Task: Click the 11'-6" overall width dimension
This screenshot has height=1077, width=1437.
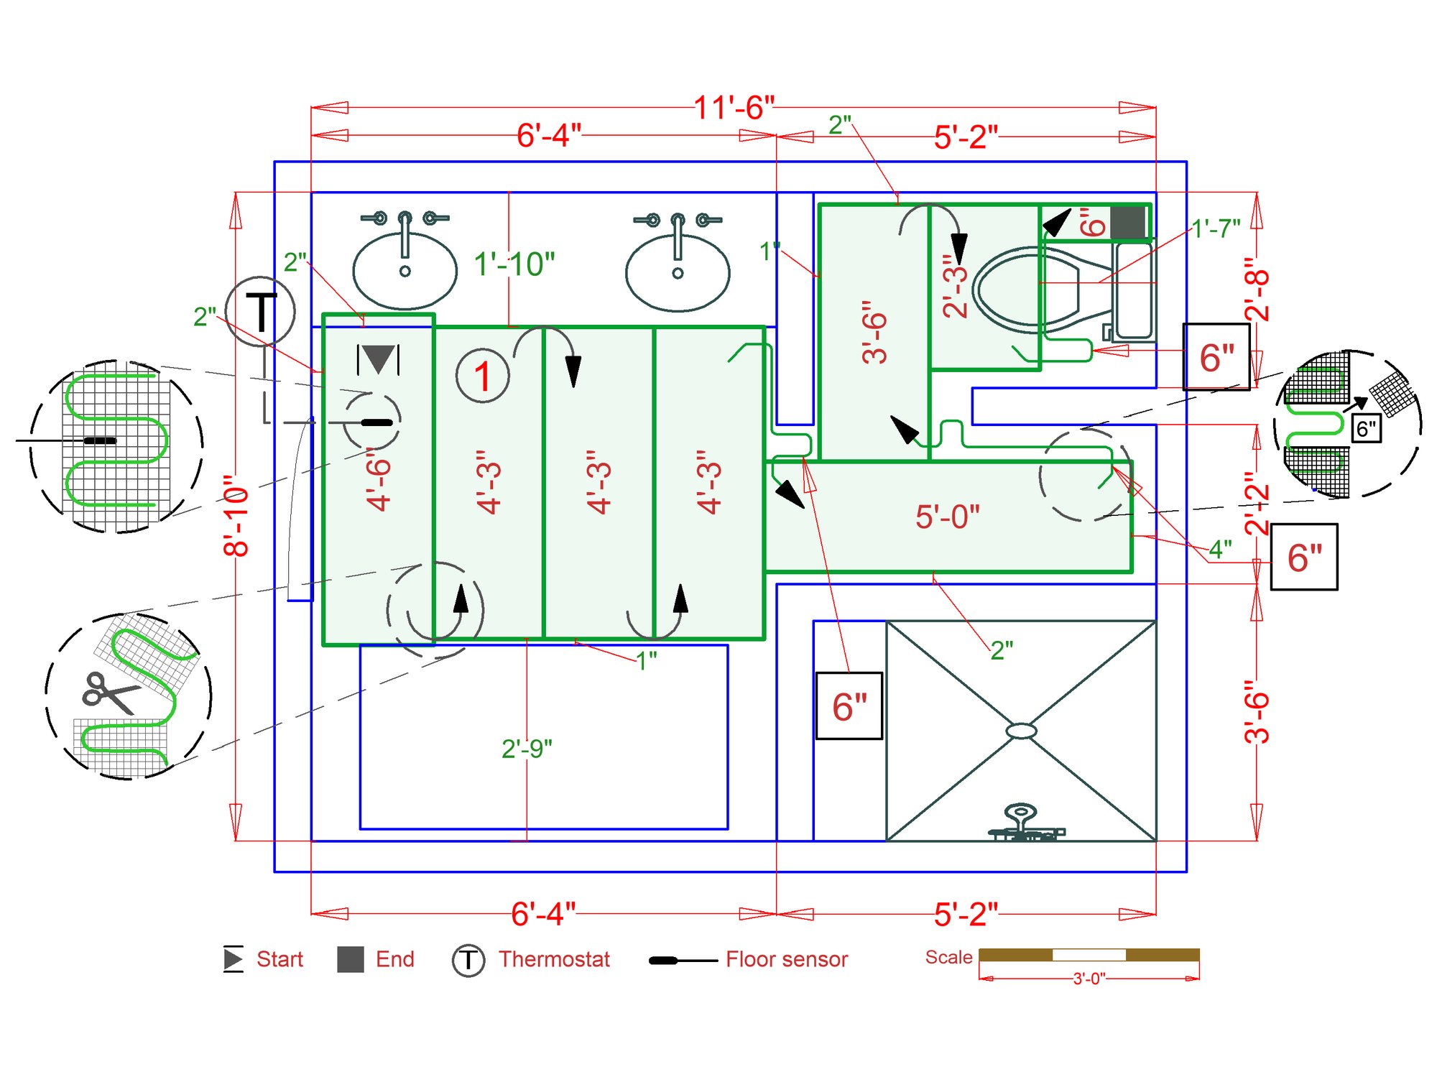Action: (x=734, y=108)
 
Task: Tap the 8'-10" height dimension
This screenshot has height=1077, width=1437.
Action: (x=236, y=515)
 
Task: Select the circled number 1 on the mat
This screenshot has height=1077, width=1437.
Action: (x=482, y=376)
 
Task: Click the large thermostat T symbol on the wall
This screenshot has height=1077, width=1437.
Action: (x=260, y=312)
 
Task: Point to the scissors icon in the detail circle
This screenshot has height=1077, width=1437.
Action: (x=109, y=693)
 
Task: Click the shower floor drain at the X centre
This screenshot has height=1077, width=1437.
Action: (x=1021, y=731)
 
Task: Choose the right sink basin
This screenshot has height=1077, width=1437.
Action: (x=678, y=273)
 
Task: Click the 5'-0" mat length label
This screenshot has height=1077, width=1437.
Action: (x=947, y=517)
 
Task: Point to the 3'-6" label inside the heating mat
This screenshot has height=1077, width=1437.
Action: (x=874, y=332)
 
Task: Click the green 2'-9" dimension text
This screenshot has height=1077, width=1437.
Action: (x=527, y=749)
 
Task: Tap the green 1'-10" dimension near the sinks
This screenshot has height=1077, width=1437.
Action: (x=514, y=264)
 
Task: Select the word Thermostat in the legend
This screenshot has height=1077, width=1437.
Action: (x=554, y=959)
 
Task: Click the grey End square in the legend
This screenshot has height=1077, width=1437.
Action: (x=351, y=959)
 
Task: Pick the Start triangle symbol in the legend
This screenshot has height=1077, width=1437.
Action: (x=233, y=959)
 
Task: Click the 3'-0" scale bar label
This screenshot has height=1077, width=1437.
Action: (x=1089, y=979)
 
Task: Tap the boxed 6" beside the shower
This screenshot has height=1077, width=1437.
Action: (x=849, y=706)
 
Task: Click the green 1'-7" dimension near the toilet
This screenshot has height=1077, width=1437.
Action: (x=1216, y=228)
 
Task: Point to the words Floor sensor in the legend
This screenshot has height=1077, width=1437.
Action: (x=787, y=959)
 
